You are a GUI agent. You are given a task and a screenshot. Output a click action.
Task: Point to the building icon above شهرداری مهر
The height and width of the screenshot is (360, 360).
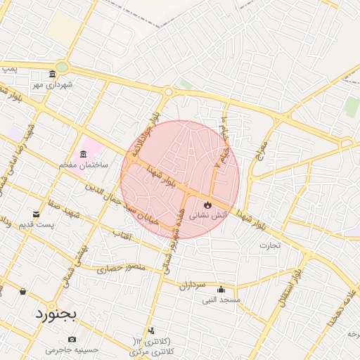pos(52,75)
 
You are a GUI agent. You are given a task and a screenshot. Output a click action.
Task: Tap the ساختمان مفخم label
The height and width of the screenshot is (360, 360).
pos(83,164)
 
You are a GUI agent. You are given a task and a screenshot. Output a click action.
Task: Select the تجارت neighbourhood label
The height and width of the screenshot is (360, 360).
pos(269,245)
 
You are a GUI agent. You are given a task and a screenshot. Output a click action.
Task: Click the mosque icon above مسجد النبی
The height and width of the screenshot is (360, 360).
pos(221,290)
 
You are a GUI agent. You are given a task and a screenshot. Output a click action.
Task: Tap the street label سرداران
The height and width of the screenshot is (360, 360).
pos(191,285)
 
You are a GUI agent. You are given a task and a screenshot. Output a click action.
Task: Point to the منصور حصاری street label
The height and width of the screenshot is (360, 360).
pos(120,268)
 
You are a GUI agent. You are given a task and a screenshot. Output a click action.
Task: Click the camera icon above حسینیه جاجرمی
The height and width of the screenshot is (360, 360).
pos(72,340)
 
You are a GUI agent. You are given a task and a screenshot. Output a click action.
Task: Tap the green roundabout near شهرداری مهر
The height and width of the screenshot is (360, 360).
pos(62,67)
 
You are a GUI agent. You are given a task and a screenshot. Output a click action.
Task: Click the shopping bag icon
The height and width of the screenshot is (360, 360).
pos(23,291)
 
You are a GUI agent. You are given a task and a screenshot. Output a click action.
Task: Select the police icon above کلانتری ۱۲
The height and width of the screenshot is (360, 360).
pos(151,330)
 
